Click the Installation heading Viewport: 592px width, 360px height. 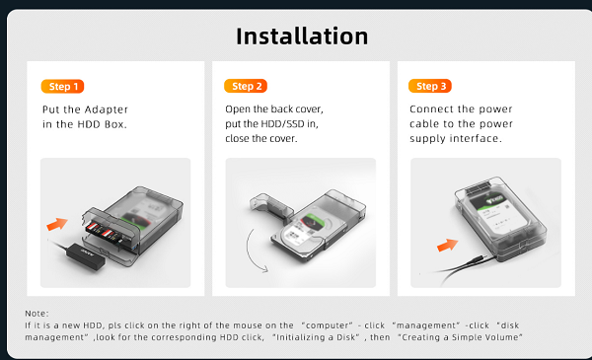point(302,36)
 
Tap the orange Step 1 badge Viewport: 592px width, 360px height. point(63,87)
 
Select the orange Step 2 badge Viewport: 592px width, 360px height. point(246,86)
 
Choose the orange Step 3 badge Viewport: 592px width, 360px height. point(430,86)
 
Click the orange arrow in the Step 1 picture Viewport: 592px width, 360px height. point(57,224)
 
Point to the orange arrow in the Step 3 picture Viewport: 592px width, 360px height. point(447,246)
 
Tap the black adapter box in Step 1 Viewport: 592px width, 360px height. point(86,256)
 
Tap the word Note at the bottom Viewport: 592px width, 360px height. point(36,314)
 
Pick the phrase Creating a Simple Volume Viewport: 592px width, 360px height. point(460,337)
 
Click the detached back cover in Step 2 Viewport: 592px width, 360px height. point(271,207)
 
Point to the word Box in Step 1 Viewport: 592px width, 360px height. point(115,124)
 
